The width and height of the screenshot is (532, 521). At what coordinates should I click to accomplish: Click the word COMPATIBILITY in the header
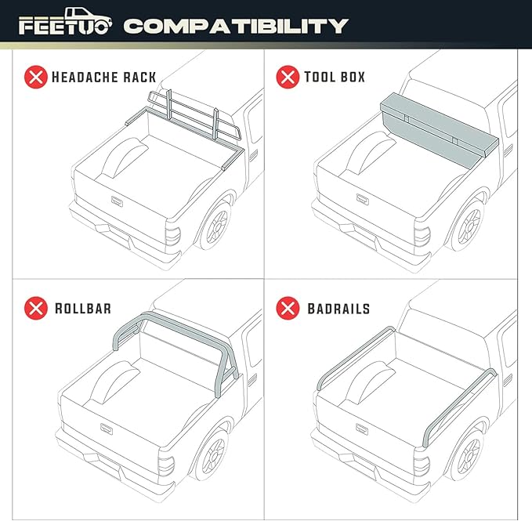(x=235, y=26)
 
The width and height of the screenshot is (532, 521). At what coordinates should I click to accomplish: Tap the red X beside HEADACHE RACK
(x=35, y=77)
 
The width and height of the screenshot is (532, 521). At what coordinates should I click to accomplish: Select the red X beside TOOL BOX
(x=288, y=77)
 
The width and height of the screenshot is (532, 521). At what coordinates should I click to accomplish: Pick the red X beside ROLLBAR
(x=35, y=308)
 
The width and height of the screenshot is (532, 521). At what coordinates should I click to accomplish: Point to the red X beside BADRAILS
(x=288, y=308)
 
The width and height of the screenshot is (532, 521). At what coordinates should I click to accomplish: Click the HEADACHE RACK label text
(x=103, y=77)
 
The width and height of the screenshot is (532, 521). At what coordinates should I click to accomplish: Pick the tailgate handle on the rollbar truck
(x=107, y=429)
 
